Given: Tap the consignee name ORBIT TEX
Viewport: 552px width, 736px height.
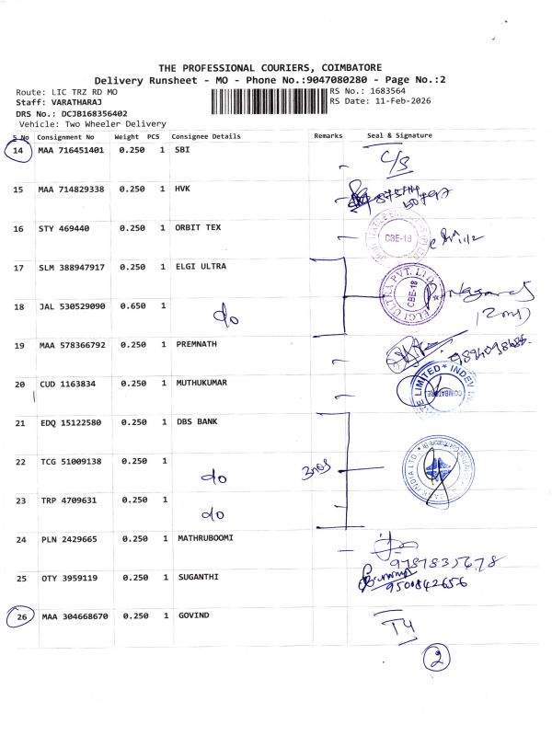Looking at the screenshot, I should point(197,227).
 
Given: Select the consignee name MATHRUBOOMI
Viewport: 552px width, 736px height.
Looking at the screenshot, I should point(207,538).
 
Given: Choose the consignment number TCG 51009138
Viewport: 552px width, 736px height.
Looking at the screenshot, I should point(71,460).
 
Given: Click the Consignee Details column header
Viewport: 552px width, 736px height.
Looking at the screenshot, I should point(206,136).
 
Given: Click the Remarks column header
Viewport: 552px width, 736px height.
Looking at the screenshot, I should point(328,136).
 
